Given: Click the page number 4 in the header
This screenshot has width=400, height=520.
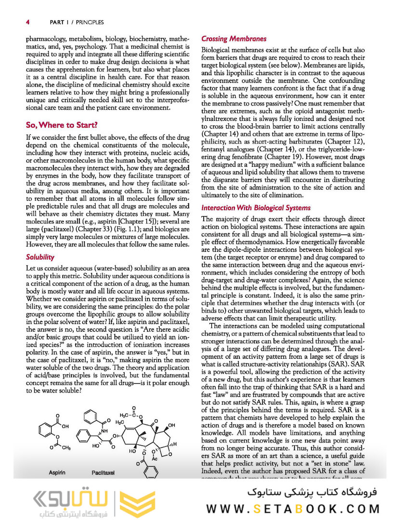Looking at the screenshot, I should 28,22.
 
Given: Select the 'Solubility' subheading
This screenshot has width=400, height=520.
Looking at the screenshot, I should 40,257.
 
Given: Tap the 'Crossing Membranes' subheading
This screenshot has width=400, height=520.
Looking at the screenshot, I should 233,39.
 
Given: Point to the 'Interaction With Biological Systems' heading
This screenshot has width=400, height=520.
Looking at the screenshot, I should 256,208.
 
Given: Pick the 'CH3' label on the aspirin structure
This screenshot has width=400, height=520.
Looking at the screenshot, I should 66,447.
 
